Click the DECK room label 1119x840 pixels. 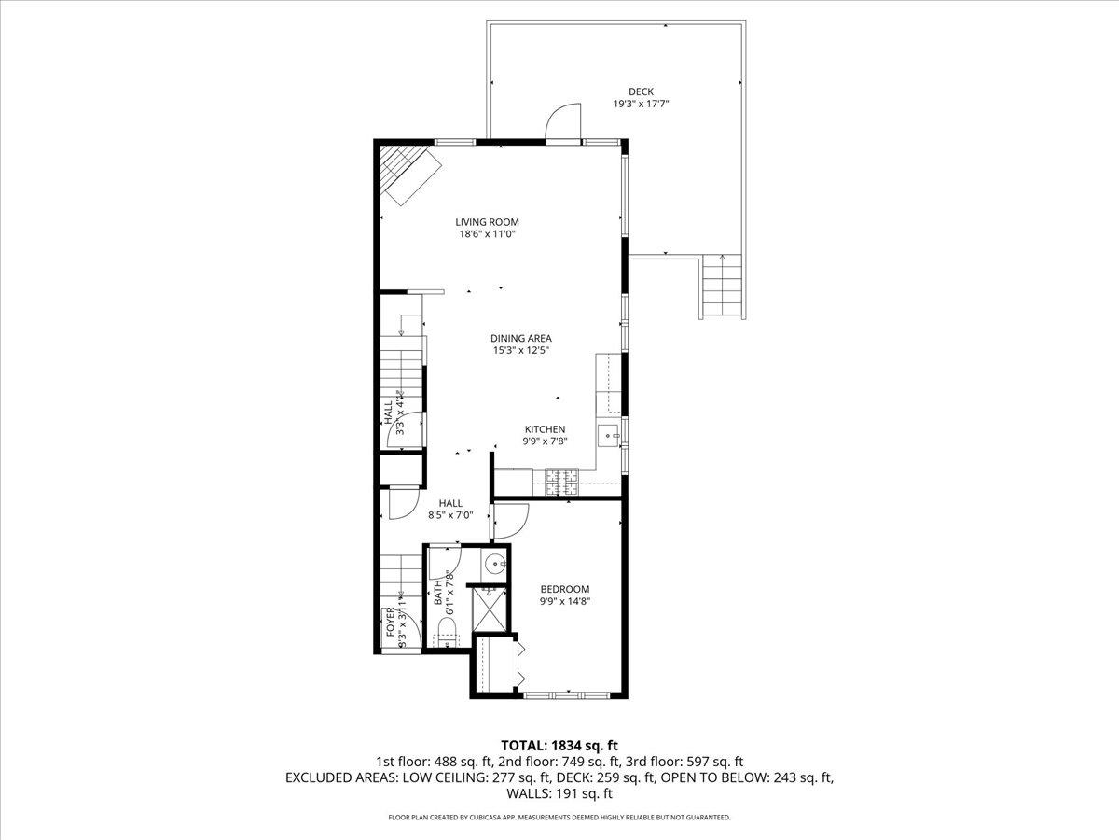pyautogui.click(x=641, y=91)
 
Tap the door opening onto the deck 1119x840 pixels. pyautogui.click(x=562, y=124)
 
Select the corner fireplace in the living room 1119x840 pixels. pyautogui.click(x=409, y=175)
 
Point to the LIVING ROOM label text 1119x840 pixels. pyautogui.click(x=487, y=222)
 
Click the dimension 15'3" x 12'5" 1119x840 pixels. pyautogui.click(x=521, y=351)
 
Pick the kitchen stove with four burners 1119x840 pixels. pyautogui.click(x=561, y=481)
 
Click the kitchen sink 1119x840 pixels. pyautogui.click(x=611, y=435)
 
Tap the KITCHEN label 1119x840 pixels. pyautogui.click(x=544, y=429)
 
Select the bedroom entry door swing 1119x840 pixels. pyautogui.click(x=511, y=520)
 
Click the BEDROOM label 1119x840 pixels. pyautogui.click(x=565, y=589)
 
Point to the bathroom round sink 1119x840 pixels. pyautogui.click(x=496, y=563)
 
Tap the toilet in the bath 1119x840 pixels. pyautogui.click(x=447, y=627)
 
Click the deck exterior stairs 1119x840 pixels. pyautogui.click(x=723, y=288)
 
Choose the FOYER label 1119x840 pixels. pyautogui.click(x=390, y=623)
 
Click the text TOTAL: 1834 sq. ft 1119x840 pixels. pyautogui.click(x=559, y=745)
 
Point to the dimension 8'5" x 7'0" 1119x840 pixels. pyautogui.click(x=450, y=514)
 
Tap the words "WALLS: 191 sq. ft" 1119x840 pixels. pyautogui.click(x=559, y=794)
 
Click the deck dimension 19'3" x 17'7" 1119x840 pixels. pyautogui.click(x=641, y=105)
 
